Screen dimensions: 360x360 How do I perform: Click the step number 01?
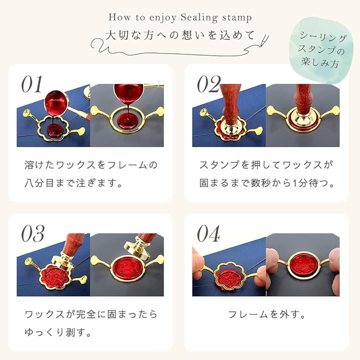tap(32, 84)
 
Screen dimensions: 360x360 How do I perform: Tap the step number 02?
tap(209, 84)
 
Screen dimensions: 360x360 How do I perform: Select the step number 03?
tap(32, 233)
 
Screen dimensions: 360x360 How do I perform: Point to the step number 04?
tap(208, 233)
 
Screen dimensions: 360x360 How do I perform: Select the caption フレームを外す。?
tap(266, 314)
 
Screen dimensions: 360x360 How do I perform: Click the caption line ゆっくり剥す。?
tap(58, 332)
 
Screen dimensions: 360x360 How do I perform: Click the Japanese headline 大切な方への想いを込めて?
tap(180, 35)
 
